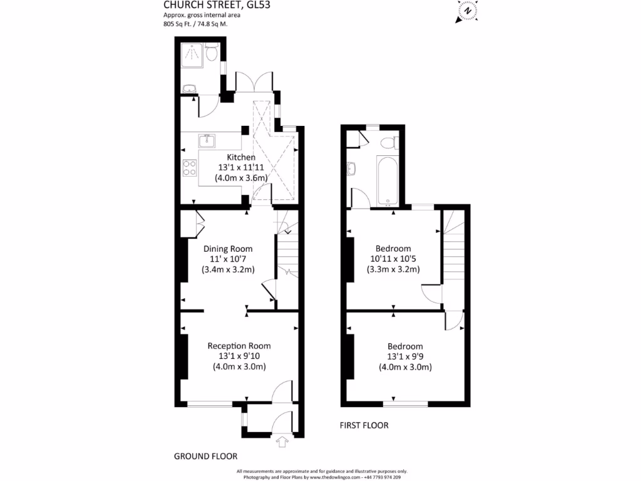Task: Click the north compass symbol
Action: pyautogui.click(x=466, y=12)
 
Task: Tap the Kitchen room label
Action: pyautogui.click(x=241, y=157)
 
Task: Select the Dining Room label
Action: pyautogui.click(x=227, y=249)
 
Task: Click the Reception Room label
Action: pyautogui.click(x=239, y=346)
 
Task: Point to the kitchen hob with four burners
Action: pyautogui.click(x=189, y=168)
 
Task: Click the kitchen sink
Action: pyautogui.click(x=207, y=140)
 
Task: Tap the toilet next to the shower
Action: pyautogui.click(x=212, y=54)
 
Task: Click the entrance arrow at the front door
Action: pyautogui.click(x=282, y=443)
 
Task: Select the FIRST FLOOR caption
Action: pyautogui.click(x=364, y=425)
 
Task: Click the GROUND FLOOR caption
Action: pyautogui.click(x=205, y=457)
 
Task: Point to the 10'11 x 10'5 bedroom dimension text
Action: pyautogui.click(x=392, y=259)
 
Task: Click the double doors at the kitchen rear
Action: pyautogui.click(x=254, y=82)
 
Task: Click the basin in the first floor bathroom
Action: pyautogui.click(x=352, y=167)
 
